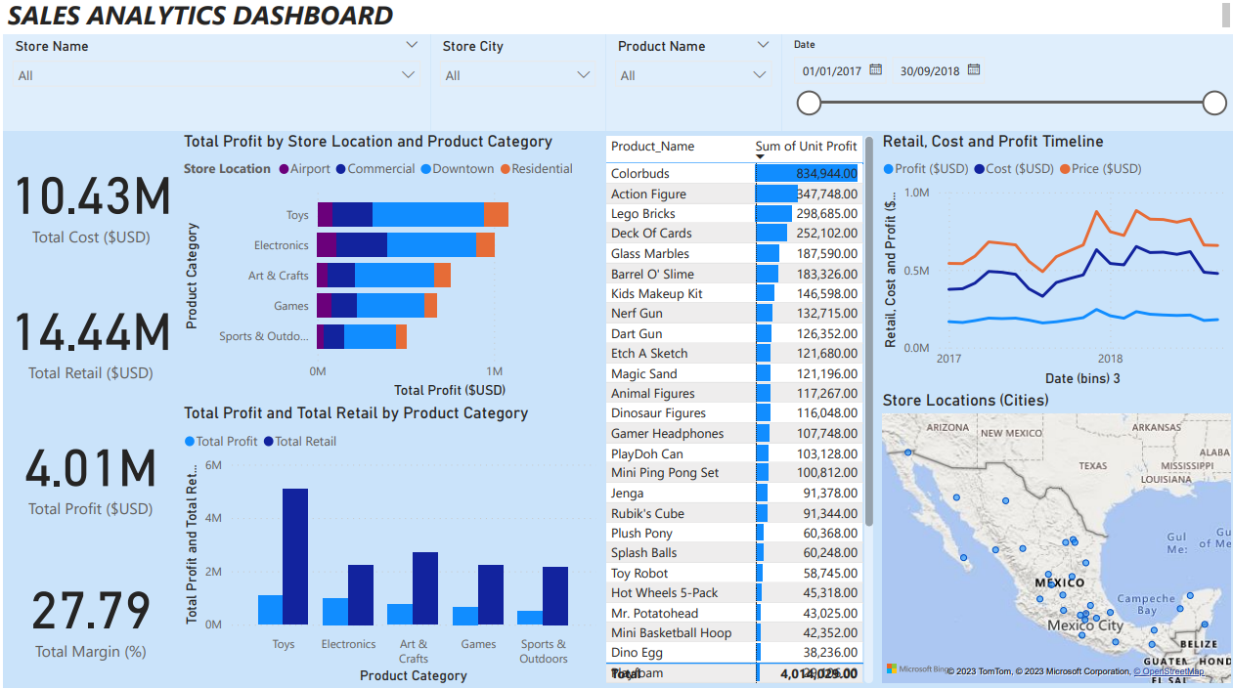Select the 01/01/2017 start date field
pyautogui.click(x=831, y=70)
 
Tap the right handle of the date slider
pyautogui.click(x=1214, y=103)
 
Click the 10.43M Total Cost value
pyautogui.click(x=92, y=197)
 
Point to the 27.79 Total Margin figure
pyautogui.click(x=91, y=612)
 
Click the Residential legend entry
pyautogui.click(x=537, y=169)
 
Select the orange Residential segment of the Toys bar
pyautogui.click(x=496, y=215)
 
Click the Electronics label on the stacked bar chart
pyautogui.click(x=281, y=245)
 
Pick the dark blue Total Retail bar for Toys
pyautogui.click(x=295, y=556)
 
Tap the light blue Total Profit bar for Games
pyautogui.click(x=465, y=615)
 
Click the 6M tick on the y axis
pyautogui.click(x=213, y=465)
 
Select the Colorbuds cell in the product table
pyautogui.click(x=640, y=174)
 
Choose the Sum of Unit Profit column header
pyautogui.click(x=806, y=147)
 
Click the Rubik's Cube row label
pyautogui.click(x=647, y=513)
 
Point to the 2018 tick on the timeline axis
pyautogui.click(x=1110, y=359)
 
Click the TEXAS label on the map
pyautogui.click(x=1092, y=466)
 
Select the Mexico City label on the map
pyautogui.click(x=1084, y=624)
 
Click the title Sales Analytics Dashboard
pyautogui.click(x=200, y=16)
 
